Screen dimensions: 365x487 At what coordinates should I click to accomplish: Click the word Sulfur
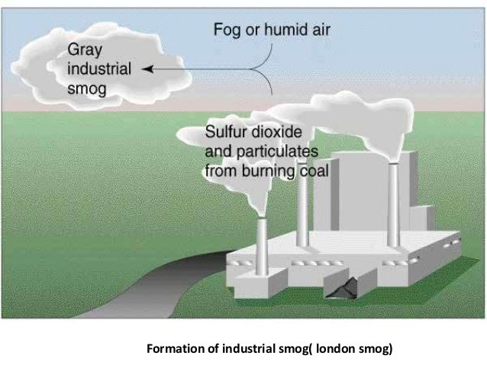click(227, 130)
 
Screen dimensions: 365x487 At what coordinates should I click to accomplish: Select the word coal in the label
click(314, 170)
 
